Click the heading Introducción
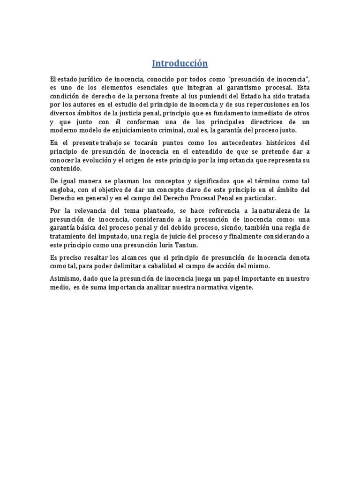180,63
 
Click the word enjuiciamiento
147,130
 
